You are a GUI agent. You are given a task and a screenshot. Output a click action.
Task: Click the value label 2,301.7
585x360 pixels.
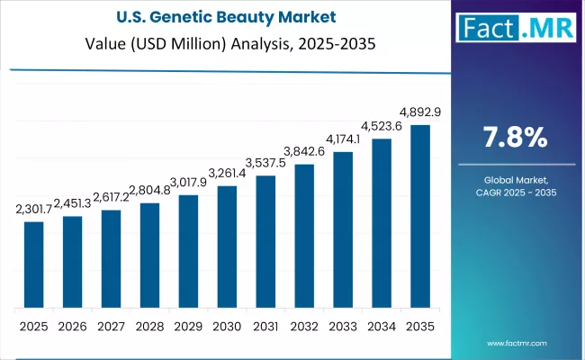click(x=33, y=210)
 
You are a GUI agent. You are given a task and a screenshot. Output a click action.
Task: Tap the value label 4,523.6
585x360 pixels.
click(x=382, y=127)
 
